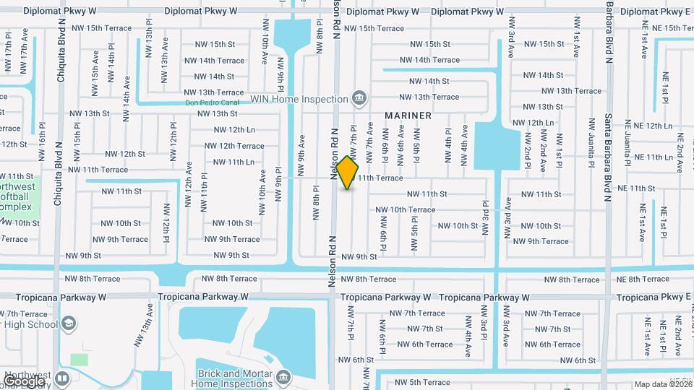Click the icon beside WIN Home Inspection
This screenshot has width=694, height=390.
[x=359, y=97]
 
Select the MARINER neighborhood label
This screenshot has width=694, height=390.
[x=408, y=116]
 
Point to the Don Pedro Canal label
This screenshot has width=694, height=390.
[x=211, y=103]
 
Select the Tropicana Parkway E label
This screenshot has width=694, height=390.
[x=653, y=297]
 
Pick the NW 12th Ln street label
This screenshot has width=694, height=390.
[x=234, y=130]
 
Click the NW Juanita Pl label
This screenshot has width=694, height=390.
[x=591, y=155]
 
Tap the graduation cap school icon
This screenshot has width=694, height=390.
[x=69, y=324]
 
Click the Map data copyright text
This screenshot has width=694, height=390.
[x=662, y=384]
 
